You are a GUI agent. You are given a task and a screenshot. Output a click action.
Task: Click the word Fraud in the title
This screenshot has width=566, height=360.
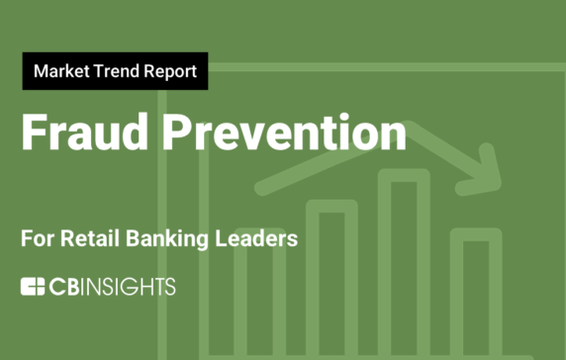coord(80,133)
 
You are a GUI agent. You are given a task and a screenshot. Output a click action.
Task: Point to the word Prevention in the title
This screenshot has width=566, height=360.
coord(280,133)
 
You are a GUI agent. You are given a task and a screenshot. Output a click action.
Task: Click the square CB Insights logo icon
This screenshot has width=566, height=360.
coord(33,287)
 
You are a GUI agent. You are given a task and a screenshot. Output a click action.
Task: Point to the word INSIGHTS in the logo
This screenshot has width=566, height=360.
coord(130,287)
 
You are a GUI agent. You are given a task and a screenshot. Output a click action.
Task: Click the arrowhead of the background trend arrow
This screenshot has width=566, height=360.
coord(487,168)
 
